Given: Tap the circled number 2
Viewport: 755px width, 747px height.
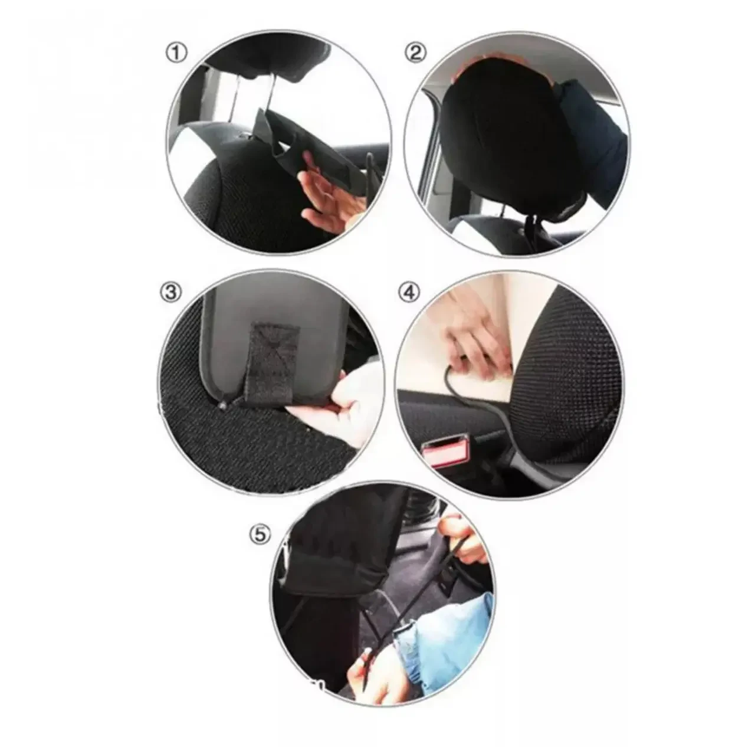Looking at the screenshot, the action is tap(415, 53).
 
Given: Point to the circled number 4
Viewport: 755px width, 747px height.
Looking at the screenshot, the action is tap(409, 292).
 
